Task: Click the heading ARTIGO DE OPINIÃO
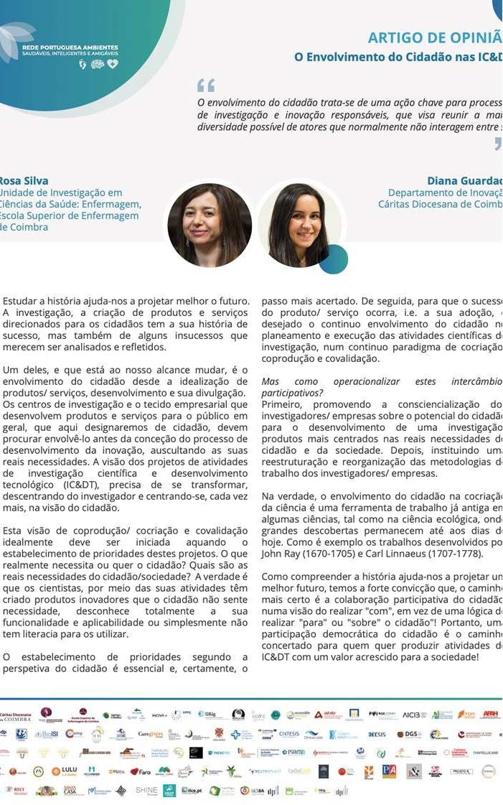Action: point(435,38)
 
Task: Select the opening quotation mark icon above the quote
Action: point(206,86)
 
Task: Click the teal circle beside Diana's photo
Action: point(333,260)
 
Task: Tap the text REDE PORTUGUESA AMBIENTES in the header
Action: point(70,47)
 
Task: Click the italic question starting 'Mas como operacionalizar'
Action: point(380,388)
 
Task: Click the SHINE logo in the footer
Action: point(146,791)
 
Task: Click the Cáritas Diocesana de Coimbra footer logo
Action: point(15,715)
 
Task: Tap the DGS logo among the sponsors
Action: point(409,734)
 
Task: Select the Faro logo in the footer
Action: point(140,771)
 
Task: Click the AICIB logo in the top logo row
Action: point(415,715)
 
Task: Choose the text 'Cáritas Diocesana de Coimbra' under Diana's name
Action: point(441,204)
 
